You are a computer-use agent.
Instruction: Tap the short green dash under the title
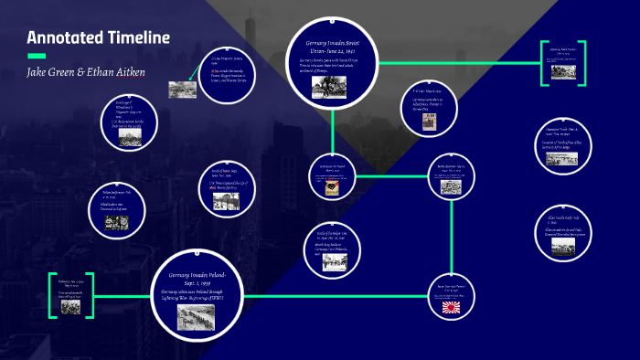(36, 57)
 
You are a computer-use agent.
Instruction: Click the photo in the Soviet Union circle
(329, 87)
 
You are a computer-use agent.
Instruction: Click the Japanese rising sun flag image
(454, 307)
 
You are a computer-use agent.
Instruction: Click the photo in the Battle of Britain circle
(325, 260)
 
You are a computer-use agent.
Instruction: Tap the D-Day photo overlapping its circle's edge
(182, 89)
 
